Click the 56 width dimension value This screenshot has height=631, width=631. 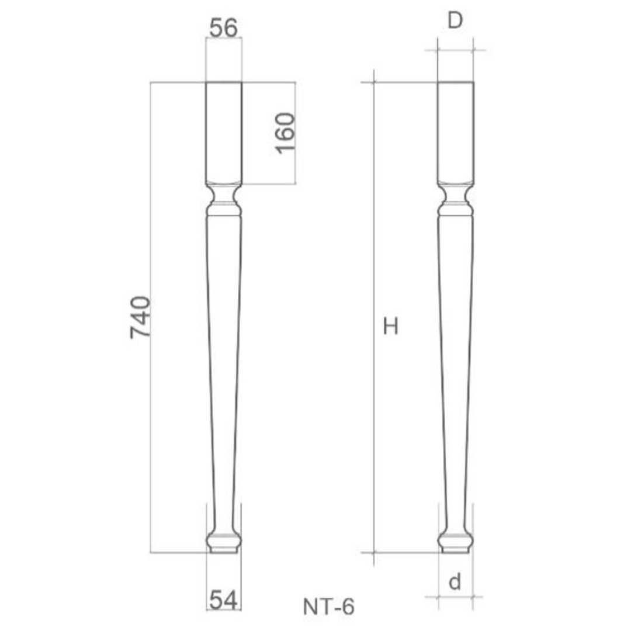(x=224, y=27)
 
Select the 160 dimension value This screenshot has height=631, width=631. (x=285, y=133)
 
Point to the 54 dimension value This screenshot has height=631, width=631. (x=223, y=599)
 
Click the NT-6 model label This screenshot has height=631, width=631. (x=328, y=606)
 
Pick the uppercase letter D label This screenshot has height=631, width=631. (x=455, y=21)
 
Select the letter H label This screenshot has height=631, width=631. (x=390, y=327)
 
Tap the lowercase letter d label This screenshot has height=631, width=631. (x=455, y=582)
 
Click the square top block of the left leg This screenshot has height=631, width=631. (x=224, y=131)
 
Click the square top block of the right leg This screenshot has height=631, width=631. (x=456, y=131)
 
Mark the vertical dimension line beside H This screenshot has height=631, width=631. (x=374, y=438)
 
